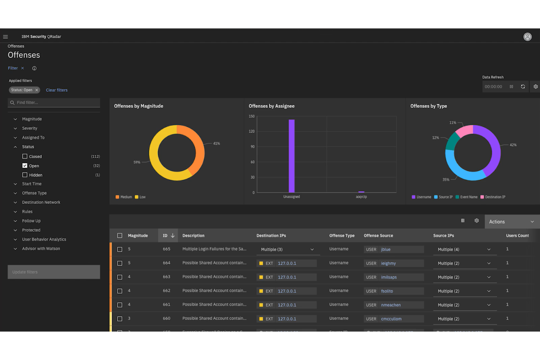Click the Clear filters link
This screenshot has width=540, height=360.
coord(57,90)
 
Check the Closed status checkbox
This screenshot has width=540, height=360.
coord(25,156)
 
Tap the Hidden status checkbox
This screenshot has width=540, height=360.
coord(25,175)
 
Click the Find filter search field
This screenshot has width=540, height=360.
coord(55,102)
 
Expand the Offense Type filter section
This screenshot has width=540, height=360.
coord(34,193)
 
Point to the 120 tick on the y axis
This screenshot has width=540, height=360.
coord(251,131)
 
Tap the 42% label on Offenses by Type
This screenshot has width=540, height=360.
coord(513,145)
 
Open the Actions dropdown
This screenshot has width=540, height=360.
coord(512,222)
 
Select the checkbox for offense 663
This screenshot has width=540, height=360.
coord(120,277)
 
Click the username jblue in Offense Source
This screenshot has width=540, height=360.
coord(386,249)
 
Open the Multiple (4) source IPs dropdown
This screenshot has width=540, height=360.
coord(464,249)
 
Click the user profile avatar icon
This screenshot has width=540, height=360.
coord(527,37)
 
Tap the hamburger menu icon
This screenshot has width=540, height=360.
coord(5,37)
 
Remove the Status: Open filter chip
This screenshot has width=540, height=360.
coord(36,90)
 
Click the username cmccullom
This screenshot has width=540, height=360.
coord(391,319)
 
